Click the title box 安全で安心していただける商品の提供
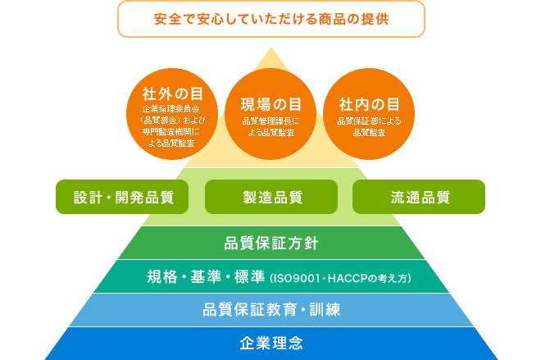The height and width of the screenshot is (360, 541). [270, 19]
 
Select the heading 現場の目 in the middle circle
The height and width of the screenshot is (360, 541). [270, 104]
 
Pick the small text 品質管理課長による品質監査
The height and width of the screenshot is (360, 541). [270, 126]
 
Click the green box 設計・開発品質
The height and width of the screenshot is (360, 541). [121, 197]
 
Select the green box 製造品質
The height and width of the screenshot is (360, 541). [270, 197]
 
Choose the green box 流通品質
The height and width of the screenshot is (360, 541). [419, 197]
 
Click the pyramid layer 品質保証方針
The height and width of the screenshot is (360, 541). [270, 244]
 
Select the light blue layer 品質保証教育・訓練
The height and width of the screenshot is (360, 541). [270, 310]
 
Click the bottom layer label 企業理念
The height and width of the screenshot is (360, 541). [270, 343]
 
